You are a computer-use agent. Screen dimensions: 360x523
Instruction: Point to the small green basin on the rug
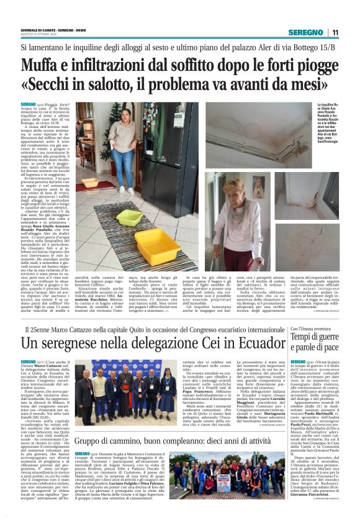[x=130, y=217]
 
